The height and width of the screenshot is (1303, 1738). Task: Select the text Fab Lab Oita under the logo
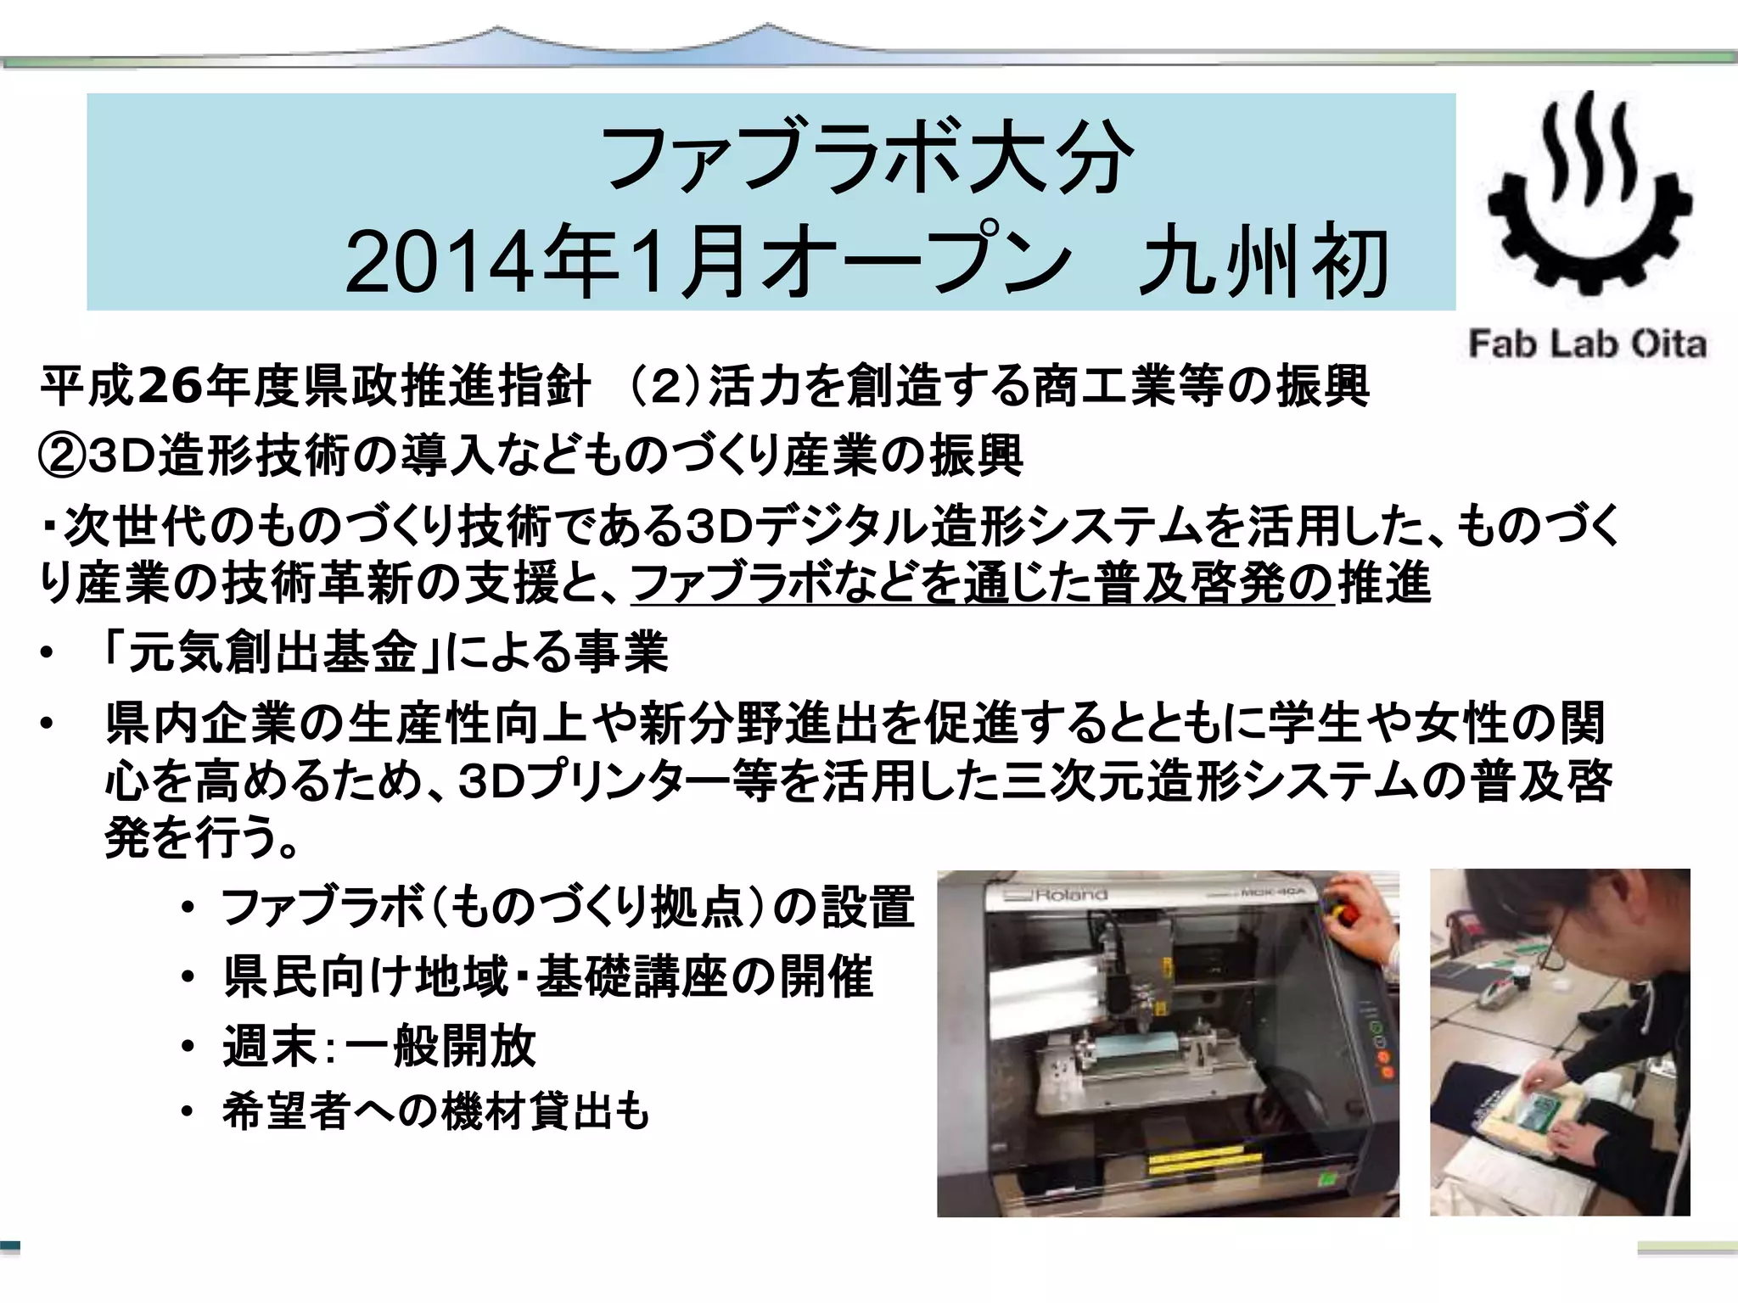(x=1587, y=344)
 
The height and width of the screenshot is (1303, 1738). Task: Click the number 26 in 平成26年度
(x=170, y=386)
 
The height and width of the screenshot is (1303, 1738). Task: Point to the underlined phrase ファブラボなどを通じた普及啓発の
(x=983, y=584)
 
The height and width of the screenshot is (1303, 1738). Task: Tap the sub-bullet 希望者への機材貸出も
(x=435, y=1111)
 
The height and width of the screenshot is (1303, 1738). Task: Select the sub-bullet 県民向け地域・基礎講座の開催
(x=548, y=976)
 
